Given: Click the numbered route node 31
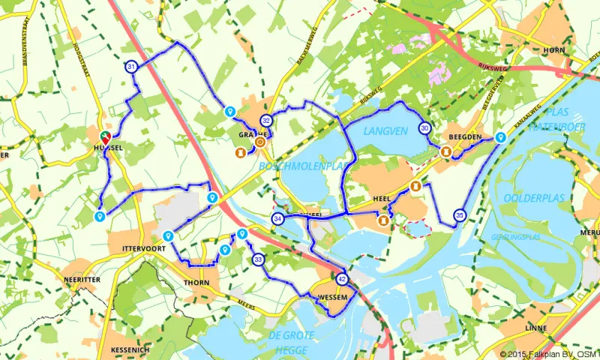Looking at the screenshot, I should (x=131, y=67).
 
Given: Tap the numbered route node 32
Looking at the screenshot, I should (x=265, y=121).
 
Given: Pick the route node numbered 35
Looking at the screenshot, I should (x=459, y=215).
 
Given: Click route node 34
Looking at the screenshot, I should (x=277, y=219).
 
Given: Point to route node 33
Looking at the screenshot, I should (x=257, y=259).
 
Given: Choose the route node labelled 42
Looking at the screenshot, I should (x=343, y=279).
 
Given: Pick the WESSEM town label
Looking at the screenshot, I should (x=333, y=297).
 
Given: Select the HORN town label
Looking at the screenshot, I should (x=553, y=49).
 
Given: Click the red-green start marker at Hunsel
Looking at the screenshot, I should (x=106, y=136).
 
